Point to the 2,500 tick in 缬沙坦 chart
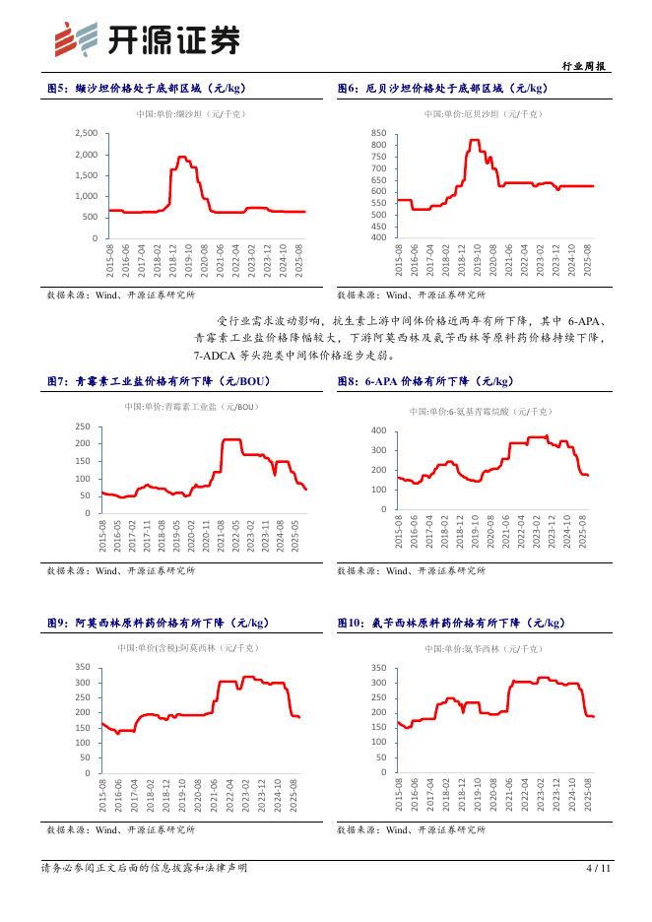click(86, 133)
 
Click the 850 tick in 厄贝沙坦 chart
click(378, 133)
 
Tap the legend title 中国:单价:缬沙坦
click(190, 114)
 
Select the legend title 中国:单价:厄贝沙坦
click(483, 114)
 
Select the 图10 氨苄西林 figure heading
click(452, 623)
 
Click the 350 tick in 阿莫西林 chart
click(83, 668)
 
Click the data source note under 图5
click(121, 295)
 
